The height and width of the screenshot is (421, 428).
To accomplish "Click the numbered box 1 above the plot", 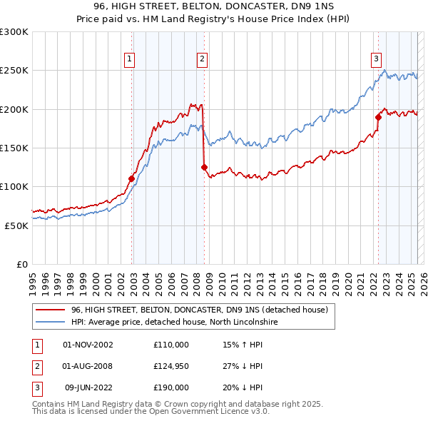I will point(130,59).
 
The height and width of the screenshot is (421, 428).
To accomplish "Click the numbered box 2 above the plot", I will point(203,59).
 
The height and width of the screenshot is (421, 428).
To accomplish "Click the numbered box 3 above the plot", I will point(376,59).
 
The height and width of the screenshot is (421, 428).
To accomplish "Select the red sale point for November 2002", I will point(131,178).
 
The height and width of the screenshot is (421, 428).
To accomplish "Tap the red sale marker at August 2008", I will point(204,167).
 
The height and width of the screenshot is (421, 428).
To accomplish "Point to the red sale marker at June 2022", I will point(378,117).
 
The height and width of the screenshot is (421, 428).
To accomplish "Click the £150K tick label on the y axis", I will point(14,148).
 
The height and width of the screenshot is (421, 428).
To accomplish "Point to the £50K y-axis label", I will point(16,225).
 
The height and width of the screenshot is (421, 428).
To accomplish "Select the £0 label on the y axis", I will point(22,264).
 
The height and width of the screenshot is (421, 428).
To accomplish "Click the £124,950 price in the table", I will point(170,366).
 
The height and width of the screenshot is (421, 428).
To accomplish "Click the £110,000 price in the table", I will point(170,345).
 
